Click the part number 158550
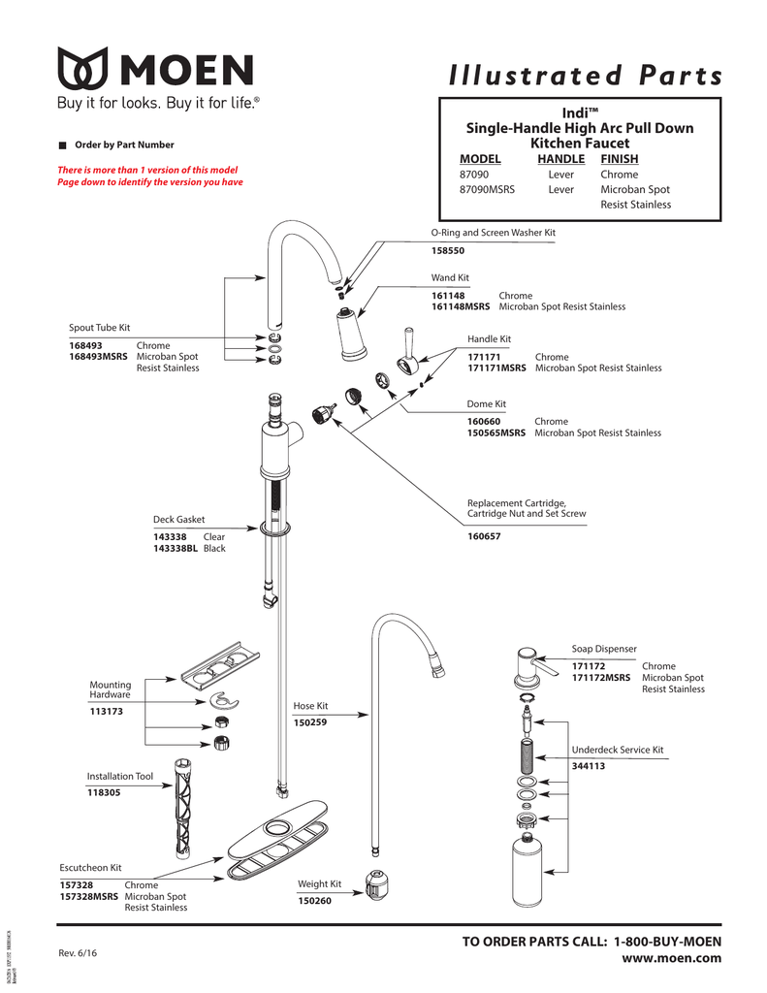pyautogui.click(x=448, y=251)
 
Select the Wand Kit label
pyautogui.click(x=450, y=277)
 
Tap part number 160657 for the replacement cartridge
pyautogui.click(x=484, y=536)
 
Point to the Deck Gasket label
pyautogui.click(x=179, y=520)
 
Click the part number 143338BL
pyautogui.click(x=176, y=549)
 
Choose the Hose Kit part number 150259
pyautogui.click(x=311, y=722)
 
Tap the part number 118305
pyautogui.click(x=104, y=793)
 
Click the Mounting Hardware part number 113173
pyautogui.click(x=106, y=712)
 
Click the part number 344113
pyautogui.click(x=588, y=766)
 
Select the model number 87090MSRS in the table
pyautogui.click(x=487, y=190)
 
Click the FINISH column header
pyautogui.click(x=619, y=159)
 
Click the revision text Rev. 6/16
pyautogui.click(x=78, y=952)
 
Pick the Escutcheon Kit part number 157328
pyautogui.click(x=77, y=885)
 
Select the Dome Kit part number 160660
pyautogui.click(x=484, y=422)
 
